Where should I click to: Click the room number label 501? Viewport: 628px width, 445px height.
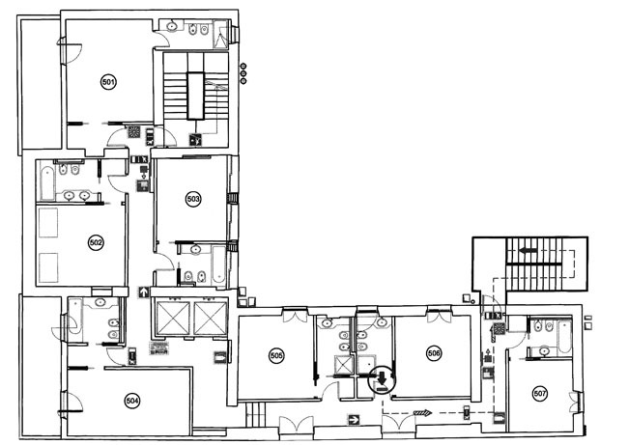[x=108, y=83]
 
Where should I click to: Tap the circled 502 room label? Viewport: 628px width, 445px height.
[x=96, y=243]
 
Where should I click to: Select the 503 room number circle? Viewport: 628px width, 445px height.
[x=193, y=199]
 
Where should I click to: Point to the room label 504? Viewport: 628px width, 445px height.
[x=132, y=401]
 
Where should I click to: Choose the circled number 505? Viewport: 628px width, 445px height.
[x=276, y=355]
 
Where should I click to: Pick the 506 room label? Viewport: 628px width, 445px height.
[x=434, y=353]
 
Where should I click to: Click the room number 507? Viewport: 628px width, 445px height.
[x=540, y=394]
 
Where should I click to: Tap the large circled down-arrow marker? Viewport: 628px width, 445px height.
[x=382, y=380]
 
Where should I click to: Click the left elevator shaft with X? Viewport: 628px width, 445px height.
[x=173, y=319]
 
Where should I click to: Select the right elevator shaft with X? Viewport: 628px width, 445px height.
[x=211, y=319]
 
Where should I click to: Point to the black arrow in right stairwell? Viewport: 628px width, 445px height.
[x=528, y=251]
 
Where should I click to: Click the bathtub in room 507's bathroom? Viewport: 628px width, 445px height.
[x=564, y=336]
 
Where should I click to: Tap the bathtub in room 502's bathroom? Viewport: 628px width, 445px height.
[x=47, y=183]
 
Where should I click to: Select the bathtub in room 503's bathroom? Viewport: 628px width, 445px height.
[x=218, y=264]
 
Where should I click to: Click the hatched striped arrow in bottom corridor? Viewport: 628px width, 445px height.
[x=423, y=413]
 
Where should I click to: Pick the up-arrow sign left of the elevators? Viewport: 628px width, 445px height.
[x=143, y=292]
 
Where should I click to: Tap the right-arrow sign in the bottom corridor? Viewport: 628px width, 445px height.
[x=354, y=420]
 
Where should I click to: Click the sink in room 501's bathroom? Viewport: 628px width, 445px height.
[x=172, y=27]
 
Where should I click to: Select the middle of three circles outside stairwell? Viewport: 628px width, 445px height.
[x=243, y=73]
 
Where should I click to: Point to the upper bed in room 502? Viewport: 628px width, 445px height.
[x=48, y=222]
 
